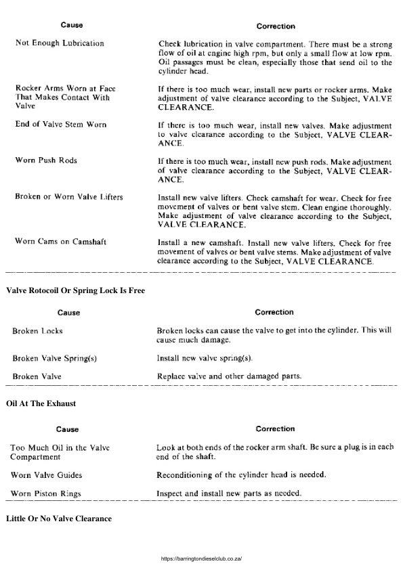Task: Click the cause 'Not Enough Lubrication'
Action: click(x=60, y=43)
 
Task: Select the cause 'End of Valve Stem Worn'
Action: click(x=60, y=125)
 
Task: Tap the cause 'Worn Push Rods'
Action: click(x=46, y=160)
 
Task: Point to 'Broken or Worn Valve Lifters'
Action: click(x=68, y=196)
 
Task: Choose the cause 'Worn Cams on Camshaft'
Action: click(x=60, y=242)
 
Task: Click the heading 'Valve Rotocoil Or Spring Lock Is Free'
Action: click(x=75, y=290)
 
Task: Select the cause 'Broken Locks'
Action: click(x=37, y=331)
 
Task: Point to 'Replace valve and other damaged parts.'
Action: click(x=229, y=376)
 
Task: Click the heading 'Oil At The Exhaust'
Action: click(x=41, y=403)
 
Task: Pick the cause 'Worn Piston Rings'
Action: click(x=46, y=494)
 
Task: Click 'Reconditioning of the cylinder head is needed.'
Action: click(x=240, y=475)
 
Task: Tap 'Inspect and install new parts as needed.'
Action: click(x=229, y=493)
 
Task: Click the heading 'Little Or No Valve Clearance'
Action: click(x=58, y=519)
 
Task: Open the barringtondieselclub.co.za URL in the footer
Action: click(x=202, y=559)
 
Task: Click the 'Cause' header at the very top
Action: click(x=72, y=25)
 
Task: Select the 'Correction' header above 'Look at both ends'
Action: click(x=275, y=429)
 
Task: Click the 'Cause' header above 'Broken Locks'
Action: click(x=68, y=313)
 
